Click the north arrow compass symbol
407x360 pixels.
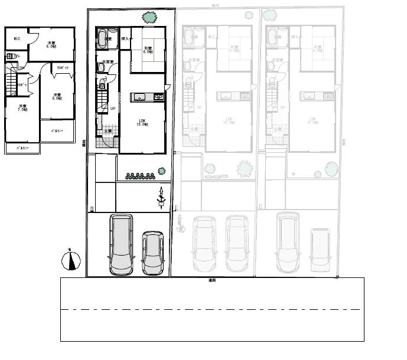point(70,260)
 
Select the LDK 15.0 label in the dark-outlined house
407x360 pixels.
point(142,122)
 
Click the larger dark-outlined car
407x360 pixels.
point(121,244)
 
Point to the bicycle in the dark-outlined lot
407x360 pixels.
point(160,199)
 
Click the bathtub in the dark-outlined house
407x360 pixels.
point(106,40)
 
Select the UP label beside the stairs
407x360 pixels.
point(112,109)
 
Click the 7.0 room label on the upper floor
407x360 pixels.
point(23,107)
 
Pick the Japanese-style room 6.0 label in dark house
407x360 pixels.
point(148,50)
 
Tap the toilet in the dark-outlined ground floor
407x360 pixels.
point(101,68)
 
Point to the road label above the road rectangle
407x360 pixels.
point(211,280)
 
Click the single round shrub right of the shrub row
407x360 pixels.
point(161,171)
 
